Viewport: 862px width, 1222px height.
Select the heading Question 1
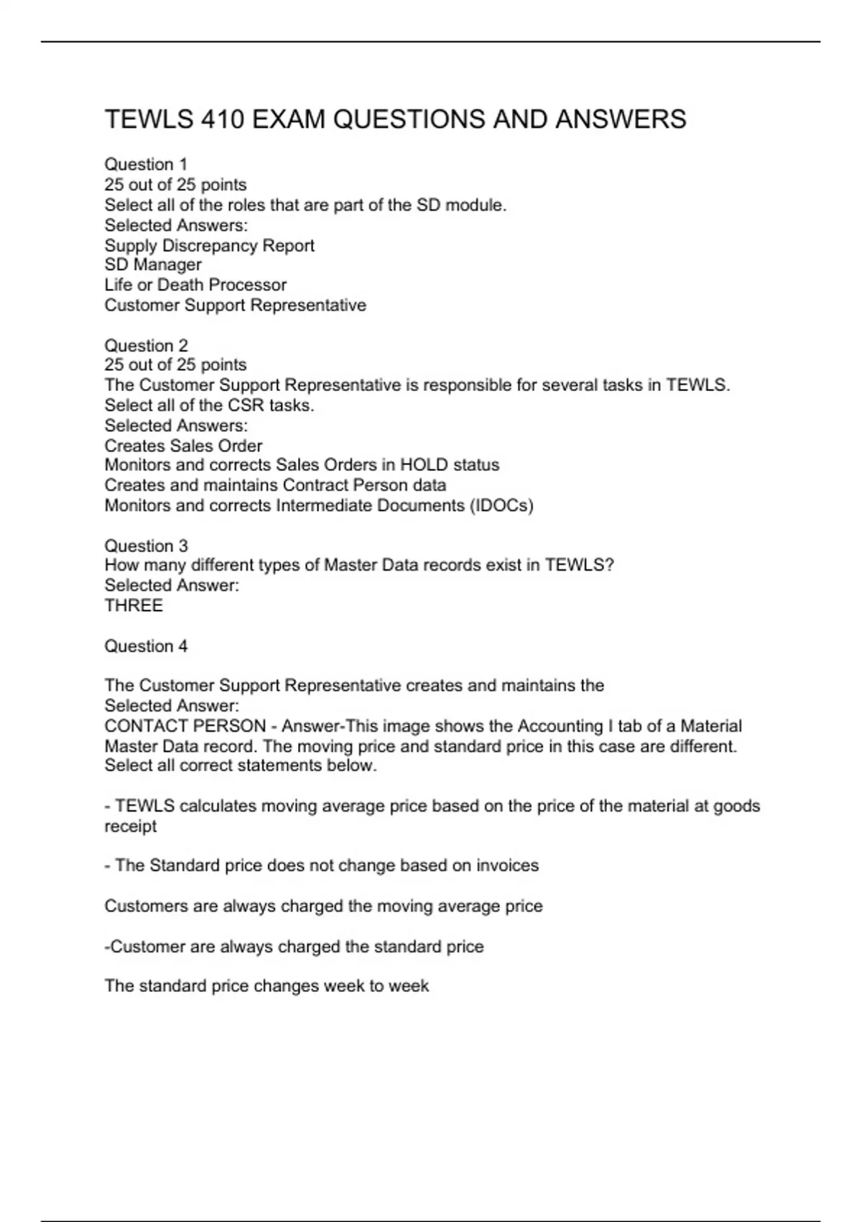tap(146, 165)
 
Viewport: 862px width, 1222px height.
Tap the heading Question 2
tap(146, 346)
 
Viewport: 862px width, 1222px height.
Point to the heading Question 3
tap(146, 546)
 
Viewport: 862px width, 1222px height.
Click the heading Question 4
tap(146, 646)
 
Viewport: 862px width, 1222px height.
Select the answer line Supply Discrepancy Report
tap(209, 246)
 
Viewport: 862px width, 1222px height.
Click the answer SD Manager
tap(153, 265)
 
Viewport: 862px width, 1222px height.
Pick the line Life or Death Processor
tap(195, 285)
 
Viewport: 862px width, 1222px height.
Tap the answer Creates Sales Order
tap(183, 446)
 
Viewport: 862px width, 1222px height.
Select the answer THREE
tap(134, 606)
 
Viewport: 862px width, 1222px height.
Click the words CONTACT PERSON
tap(185, 726)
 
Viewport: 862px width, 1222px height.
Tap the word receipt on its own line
tap(130, 827)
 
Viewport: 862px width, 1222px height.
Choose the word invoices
tap(505, 865)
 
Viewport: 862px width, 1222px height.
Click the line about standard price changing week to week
tap(267, 986)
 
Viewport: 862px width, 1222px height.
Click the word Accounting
tap(560, 726)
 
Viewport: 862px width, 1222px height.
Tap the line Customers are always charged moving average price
tap(323, 906)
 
